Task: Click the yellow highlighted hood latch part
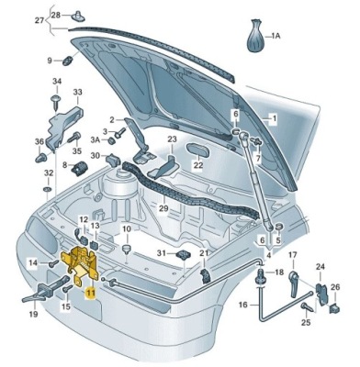click(80, 264)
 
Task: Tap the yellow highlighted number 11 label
click(91, 293)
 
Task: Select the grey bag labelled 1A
click(255, 36)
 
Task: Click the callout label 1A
click(276, 37)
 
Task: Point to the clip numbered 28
click(77, 16)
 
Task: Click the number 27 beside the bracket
click(39, 21)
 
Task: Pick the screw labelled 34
click(57, 103)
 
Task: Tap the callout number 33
click(77, 93)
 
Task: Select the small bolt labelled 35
click(73, 139)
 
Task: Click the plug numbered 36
click(39, 157)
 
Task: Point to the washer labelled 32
click(47, 189)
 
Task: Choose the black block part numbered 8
click(80, 167)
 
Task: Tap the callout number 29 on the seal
click(163, 208)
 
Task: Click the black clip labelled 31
click(183, 254)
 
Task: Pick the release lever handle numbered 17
click(294, 283)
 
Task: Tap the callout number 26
click(335, 287)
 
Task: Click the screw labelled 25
click(306, 306)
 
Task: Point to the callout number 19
click(33, 314)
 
